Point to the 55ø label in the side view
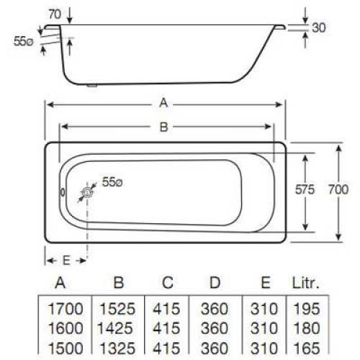click(22, 42)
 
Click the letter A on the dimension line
click(164, 104)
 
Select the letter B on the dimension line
click(163, 127)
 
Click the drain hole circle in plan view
click(87, 192)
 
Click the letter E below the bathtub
click(66, 258)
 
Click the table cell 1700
click(66, 309)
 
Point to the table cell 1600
click(66, 328)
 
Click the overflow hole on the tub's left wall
click(62, 193)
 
